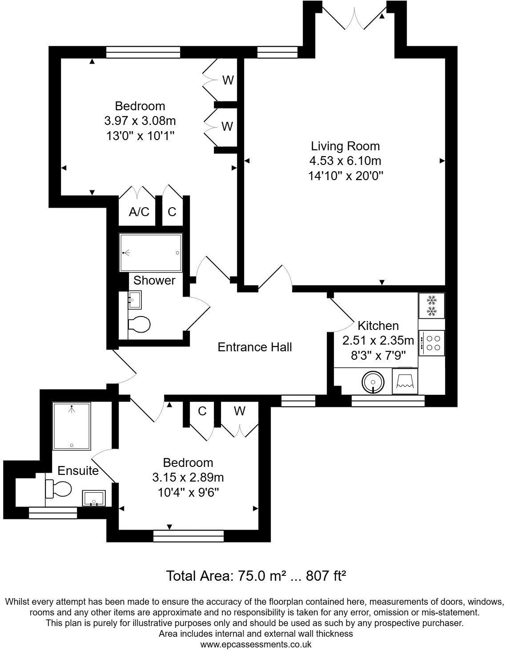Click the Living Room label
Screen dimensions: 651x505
point(345,146)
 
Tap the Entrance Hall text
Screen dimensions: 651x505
point(255,347)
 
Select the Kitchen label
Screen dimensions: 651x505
point(378,325)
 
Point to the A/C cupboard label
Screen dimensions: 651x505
point(139,212)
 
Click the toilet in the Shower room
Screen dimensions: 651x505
point(139,324)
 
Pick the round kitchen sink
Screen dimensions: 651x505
point(372,382)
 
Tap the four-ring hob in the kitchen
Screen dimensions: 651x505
point(432,342)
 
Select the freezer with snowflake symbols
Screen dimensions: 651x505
point(431,305)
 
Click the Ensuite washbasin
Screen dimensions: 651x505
point(94,498)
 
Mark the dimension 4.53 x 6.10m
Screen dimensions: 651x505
point(345,161)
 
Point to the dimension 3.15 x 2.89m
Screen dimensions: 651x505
point(188,478)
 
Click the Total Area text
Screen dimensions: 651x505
point(256,576)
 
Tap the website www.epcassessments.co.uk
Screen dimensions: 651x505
point(256,644)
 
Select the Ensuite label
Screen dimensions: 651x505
point(78,470)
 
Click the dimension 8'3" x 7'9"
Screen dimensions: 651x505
point(378,355)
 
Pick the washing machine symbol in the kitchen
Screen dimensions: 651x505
point(405,381)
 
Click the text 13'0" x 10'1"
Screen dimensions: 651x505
point(140,136)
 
